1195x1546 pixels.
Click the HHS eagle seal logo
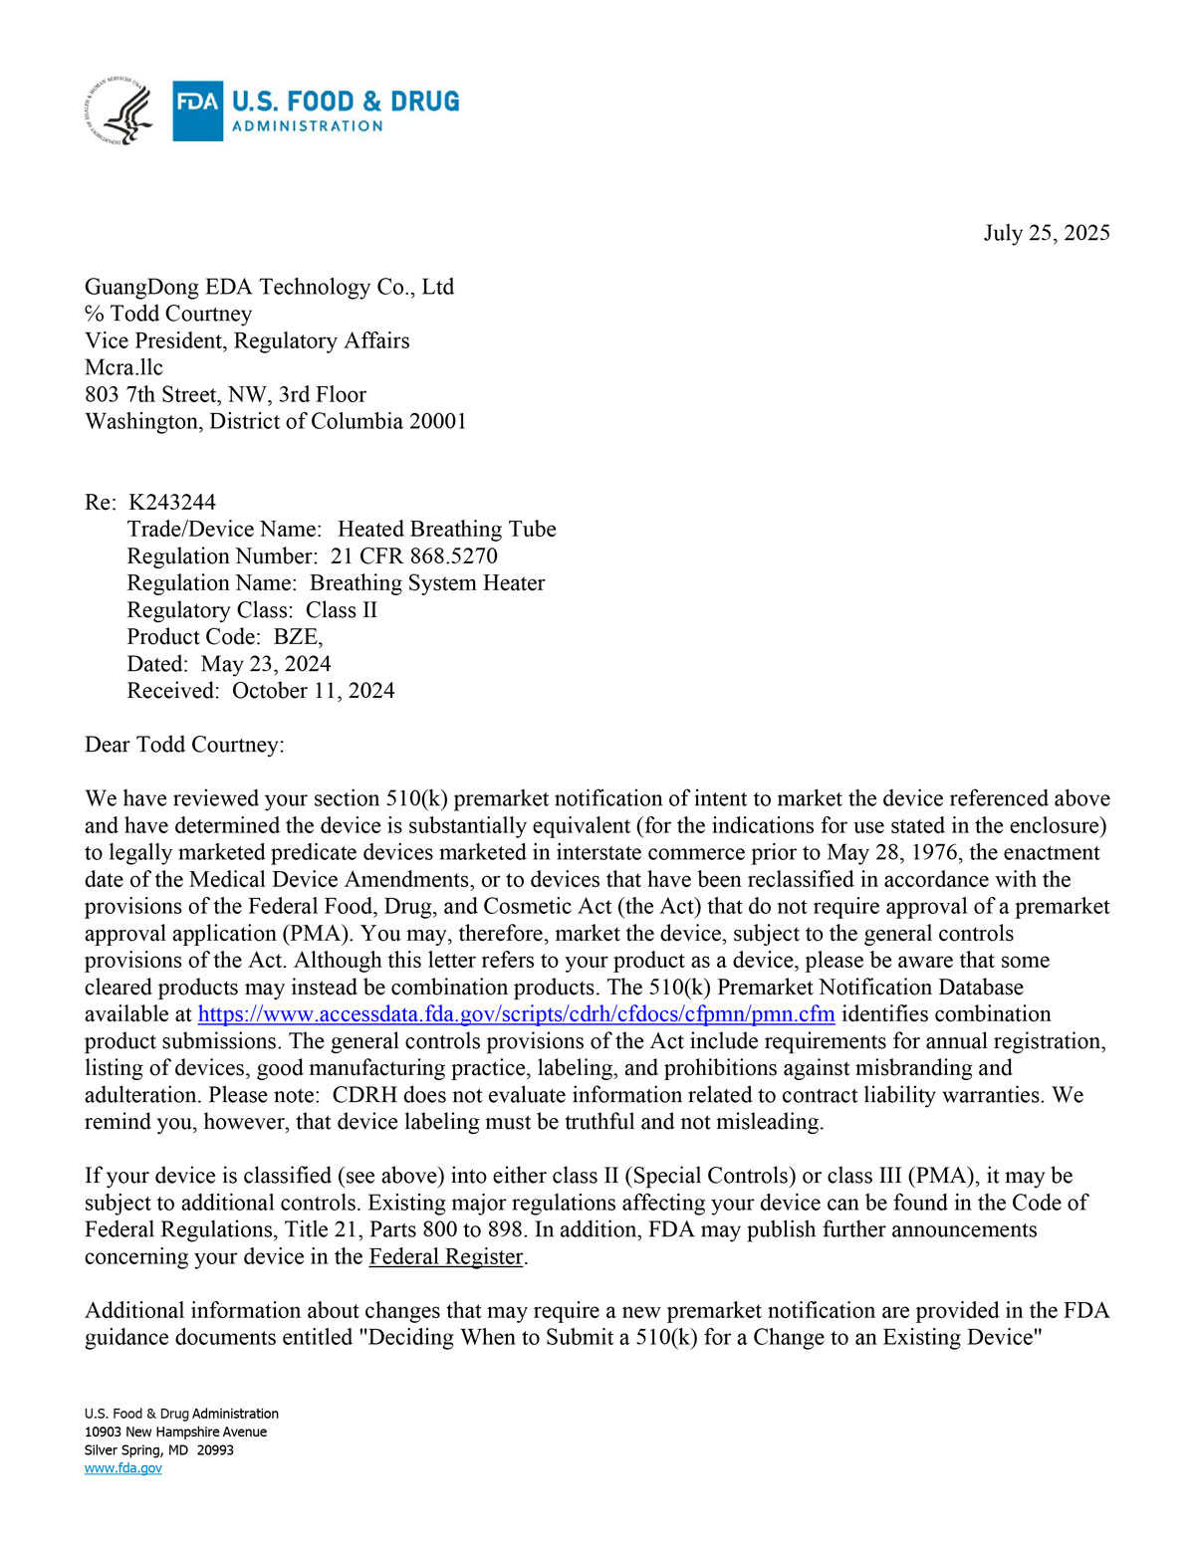119,110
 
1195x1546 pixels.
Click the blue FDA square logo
197,110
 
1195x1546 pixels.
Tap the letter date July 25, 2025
1046,233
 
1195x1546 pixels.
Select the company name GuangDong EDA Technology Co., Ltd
269,287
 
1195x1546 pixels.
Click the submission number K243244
172,502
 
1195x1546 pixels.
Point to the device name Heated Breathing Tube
446,529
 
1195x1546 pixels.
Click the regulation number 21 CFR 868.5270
413,555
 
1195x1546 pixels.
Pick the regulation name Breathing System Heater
427,582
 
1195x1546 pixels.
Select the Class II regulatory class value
342,609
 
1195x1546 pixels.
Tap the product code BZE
297,636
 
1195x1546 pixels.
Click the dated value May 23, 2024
266,663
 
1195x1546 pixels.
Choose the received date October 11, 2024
313,690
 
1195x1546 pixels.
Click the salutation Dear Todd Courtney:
184,745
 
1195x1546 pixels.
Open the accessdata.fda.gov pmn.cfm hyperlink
516,1014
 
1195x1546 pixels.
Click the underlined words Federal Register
445,1256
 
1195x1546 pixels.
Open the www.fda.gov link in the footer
122,1468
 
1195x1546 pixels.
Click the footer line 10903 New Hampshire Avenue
175,1432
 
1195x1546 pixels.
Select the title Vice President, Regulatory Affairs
247,340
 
